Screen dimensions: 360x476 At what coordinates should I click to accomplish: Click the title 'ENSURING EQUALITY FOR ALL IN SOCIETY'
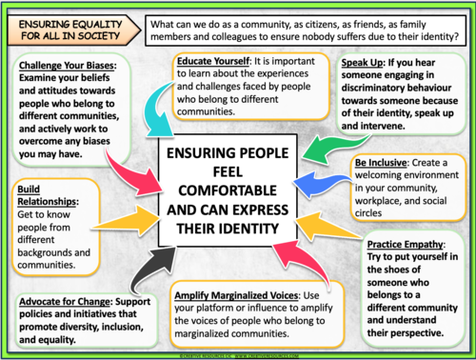coord(63,27)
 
